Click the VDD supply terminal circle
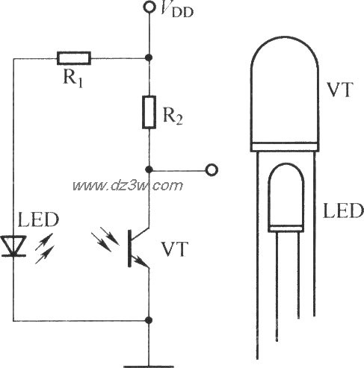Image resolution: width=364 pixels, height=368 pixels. pyautogui.click(x=149, y=7)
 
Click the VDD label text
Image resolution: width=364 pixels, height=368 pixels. pyautogui.click(x=176, y=10)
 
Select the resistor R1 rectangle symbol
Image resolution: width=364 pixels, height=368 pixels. pyautogui.click(x=74, y=58)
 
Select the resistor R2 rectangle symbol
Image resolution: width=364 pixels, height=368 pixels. pyautogui.click(x=149, y=112)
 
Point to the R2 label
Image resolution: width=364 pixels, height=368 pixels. pyautogui.click(x=173, y=116)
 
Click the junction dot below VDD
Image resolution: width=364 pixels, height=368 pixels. pyautogui.click(x=149, y=57)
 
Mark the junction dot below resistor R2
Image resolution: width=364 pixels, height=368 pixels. pyautogui.click(x=149, y=169)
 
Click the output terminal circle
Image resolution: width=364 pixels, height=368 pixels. pyautogui.click(x=212, y=170)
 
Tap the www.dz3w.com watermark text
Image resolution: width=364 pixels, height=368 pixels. pyautogui.click(x=128, y=185)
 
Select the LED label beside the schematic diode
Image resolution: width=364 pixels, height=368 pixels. pyautogui.click(x=39, y=219)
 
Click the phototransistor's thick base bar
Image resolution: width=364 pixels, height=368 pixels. pyautogui.click(x=129, y=249)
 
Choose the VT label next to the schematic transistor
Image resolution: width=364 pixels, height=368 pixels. pyautogui.click(x=174, y=249)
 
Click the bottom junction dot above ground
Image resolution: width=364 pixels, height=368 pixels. pyautogui.click(x=149, y=320)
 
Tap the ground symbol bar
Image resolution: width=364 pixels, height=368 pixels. pyautogui.click(x=149, y=367)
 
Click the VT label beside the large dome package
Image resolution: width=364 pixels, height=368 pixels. pyautogui.click(x=340, y=90)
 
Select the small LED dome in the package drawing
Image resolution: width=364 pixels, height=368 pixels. pyautogui.click(x=286, y=198)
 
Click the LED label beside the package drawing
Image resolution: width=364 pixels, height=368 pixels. pyautogui.click(x=343, y=210)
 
